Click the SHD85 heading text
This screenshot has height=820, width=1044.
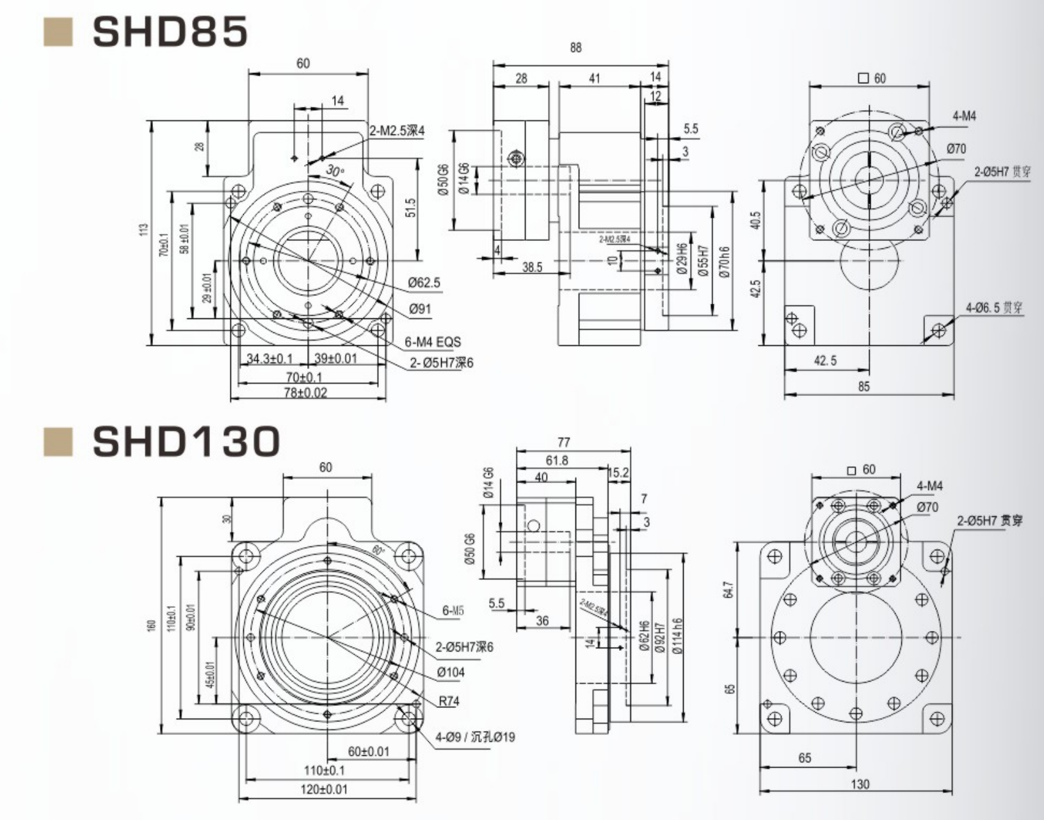pyautogui.click(x=170, y=31)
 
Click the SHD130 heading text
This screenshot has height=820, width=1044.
pyautogui.click(x=186, y=441)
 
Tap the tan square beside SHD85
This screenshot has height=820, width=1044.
pyautogui.click(x=58, y=32)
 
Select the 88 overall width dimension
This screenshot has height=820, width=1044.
pyautogui.click(x=575, y=48)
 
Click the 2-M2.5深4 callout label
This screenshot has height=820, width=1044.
pyautogui.click(x=397, y=131)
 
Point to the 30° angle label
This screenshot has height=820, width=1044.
pyautogui.click(x=334, y=170)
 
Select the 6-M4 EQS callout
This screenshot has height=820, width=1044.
pyautogui.click(x=432, y=342)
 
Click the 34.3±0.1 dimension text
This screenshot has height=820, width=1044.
pyautogui.click(x=269, y=358)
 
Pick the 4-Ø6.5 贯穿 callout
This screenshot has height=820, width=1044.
pyautogui.click(x=994, y=308)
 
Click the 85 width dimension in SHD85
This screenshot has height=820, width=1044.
pyautogui.click(x=863, y=386)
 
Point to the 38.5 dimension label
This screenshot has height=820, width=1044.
pyautogui.click(x=532, y=267)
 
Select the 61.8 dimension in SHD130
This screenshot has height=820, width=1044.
pyautogui.click(x=556, y=461)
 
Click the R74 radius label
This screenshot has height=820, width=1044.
pyautogui.click(x=449, y=701)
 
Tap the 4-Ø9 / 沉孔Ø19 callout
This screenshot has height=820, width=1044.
pyautogui.click(x=475, y=737)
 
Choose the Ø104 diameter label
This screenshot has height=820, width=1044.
pyautogui.click(x=451, y=672)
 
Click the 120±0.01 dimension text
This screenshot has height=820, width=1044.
pyautogui.click(x=324, y=789)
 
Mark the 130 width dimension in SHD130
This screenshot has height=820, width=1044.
pyautogui.click(x=860, y=784)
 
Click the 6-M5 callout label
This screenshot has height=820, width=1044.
pyautogui.click(x=453, y=611)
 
